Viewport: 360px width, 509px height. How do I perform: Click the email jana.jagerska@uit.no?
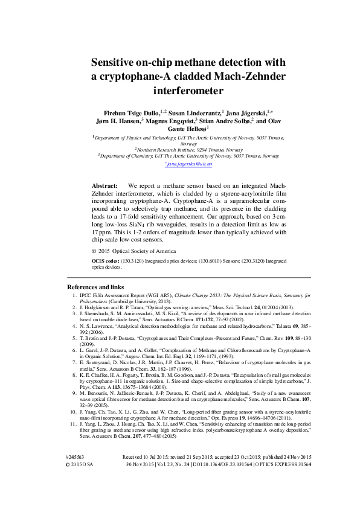(x=179, y=164)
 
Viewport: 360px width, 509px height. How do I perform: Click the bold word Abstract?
(x=103, y=185)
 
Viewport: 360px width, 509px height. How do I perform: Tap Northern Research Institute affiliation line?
(x=179, y=149)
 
